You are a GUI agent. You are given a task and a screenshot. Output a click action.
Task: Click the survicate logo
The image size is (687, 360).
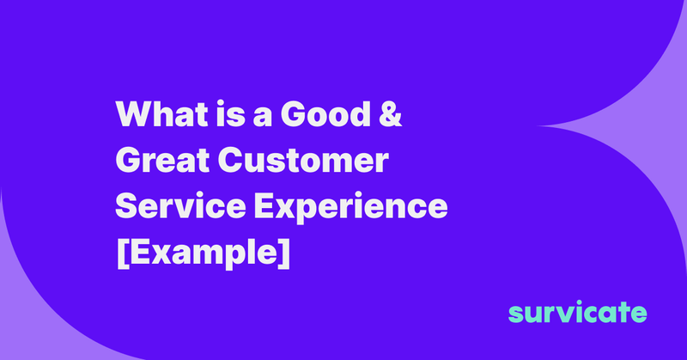(x=578, y=312)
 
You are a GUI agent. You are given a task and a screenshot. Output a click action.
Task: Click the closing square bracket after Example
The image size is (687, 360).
(x=283, y=255)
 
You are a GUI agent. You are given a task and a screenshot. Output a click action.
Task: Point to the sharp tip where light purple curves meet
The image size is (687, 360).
(x=537, y=125)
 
